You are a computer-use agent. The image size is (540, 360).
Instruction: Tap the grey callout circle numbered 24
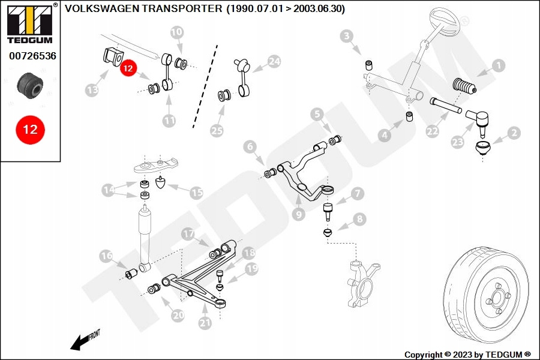coord(274,61)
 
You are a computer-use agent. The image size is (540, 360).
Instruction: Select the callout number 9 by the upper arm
coord(299,213)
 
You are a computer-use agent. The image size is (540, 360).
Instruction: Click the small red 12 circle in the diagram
coord(128,68)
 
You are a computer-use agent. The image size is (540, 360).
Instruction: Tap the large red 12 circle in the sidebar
coord(30,130)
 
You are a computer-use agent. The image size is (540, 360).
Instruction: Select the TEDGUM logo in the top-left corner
coord(29,24)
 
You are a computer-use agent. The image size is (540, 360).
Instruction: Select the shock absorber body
coord(145,234)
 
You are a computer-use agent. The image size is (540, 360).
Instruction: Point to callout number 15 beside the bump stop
coord(196,193)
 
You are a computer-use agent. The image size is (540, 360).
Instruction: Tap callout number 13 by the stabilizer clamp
coord(92,90)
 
